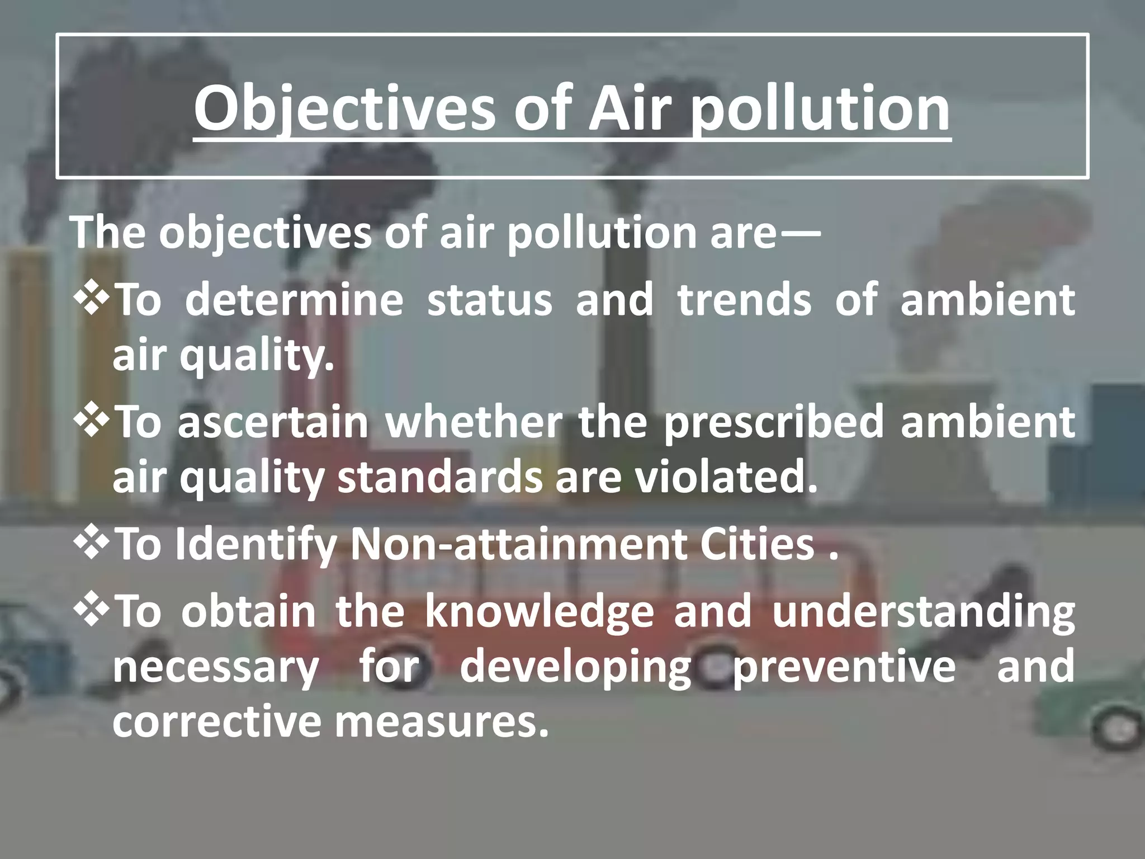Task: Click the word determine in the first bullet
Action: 294,300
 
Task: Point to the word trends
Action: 744,300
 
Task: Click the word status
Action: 489,300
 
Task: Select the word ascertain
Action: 273,422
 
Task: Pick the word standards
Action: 439,478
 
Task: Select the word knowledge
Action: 539,611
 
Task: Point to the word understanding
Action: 923,611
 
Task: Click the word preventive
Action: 844,667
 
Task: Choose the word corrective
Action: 215,722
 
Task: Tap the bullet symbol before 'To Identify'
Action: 90,544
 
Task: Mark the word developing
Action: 576,667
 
